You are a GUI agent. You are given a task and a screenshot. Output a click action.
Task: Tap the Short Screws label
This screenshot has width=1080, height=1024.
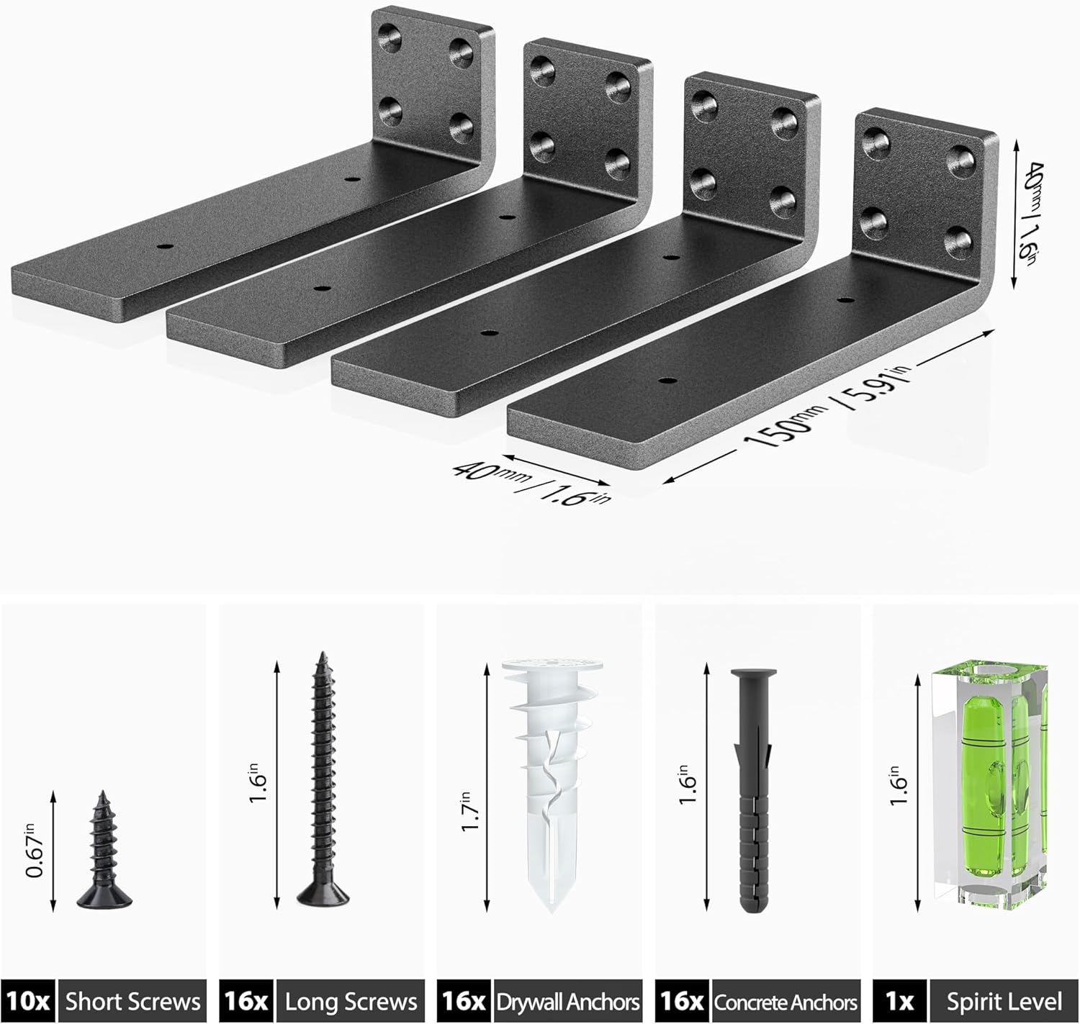pos(132,1001)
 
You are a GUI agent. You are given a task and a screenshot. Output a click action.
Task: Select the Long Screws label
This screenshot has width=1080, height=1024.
pos(351,1001)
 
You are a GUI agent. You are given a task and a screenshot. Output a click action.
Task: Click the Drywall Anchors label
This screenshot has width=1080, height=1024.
pos(567,1001)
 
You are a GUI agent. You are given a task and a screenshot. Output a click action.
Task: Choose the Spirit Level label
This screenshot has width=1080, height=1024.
pos(1004,1001)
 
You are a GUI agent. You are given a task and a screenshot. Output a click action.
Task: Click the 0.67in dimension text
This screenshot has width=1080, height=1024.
pos(34,851)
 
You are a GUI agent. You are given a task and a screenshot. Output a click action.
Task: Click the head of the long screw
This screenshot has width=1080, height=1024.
pos(323,896)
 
